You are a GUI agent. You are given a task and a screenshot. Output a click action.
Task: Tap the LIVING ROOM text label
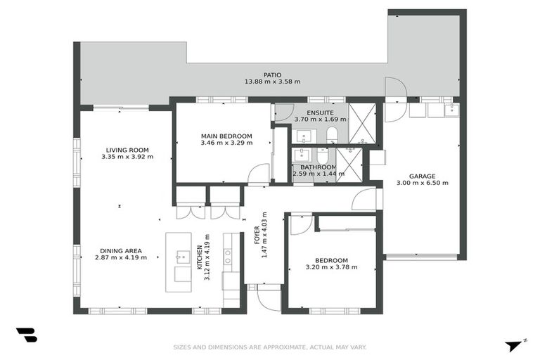pyautogui.click(x=127, y=150)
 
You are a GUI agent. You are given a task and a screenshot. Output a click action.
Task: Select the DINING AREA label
pyautogui.click(x=121, y=250)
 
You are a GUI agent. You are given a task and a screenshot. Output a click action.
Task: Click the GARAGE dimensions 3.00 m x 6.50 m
pyautogui.click(x=423, y=183)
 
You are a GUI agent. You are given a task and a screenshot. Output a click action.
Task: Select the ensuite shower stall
pyautogui.click(x=363, y=123)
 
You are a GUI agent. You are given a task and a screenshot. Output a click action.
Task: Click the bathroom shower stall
pyautogui.click(x=349, y=165)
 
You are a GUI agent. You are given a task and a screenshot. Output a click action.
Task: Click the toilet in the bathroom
pyautogui.click(x=322, y=154)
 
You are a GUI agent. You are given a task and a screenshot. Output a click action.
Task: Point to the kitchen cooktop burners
pyautogui.click(x=229, y=255)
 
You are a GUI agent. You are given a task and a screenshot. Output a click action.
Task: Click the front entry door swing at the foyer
pyautogui.click(x=269, y=297)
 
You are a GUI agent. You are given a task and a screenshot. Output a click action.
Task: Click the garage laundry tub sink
pyautogui.click(x=451, y=110)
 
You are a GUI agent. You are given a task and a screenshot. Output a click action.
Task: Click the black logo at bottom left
pyautogui.click(x=26, y=335)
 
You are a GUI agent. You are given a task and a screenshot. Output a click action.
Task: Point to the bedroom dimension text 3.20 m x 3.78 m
pyautogui.click(x=331, y=267)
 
